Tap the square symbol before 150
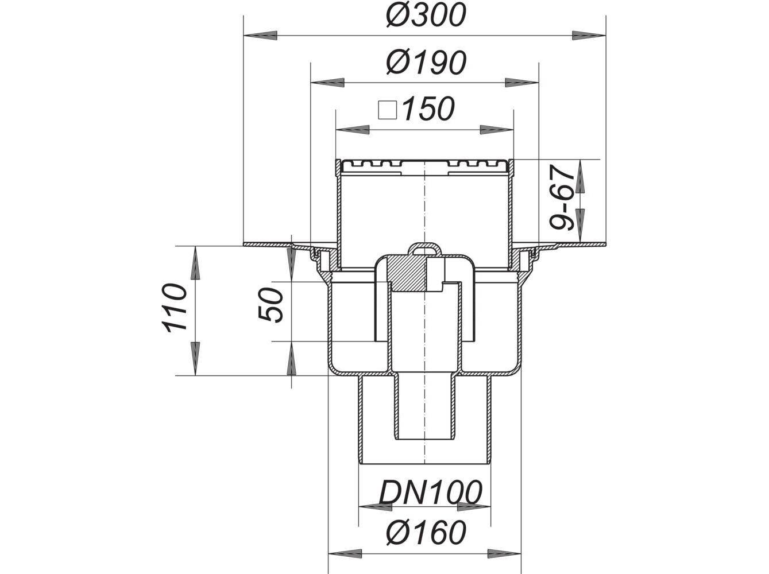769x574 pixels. coord(388,109)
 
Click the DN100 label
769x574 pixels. coord(430,492)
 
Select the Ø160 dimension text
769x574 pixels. coord(425,533)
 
